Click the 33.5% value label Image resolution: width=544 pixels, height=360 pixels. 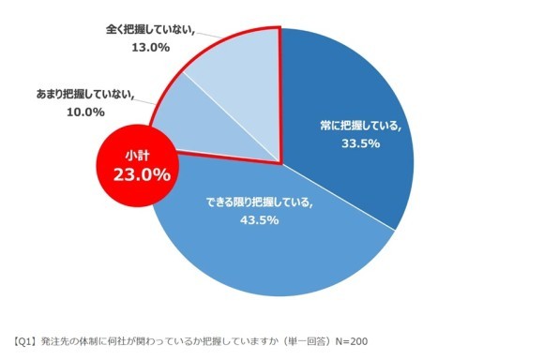click(x=359, y=145)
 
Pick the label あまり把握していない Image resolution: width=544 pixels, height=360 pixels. click(x=85, y=95)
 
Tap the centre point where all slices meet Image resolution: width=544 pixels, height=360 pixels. click(x=281, y=161)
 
